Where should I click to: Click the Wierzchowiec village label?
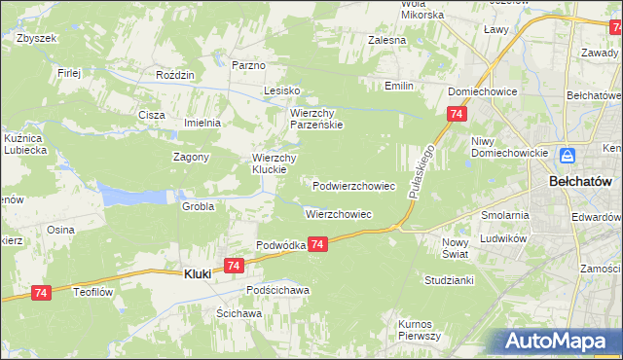tap(339, 214)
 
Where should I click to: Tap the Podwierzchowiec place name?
tap(353, 185)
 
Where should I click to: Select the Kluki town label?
tap(198, 274)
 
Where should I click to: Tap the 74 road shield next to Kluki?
tap(233, 265)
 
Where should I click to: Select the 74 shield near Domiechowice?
tap(456, 115)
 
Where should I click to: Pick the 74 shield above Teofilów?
tap(41, 292)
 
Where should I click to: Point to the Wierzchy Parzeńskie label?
tap(315, 119)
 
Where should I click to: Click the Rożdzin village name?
tap(176, 74)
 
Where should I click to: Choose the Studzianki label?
tap(449, 279)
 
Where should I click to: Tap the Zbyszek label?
tap(37, 38)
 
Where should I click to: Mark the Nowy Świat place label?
tap(456, 247)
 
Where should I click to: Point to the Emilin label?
tap(399, 87)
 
